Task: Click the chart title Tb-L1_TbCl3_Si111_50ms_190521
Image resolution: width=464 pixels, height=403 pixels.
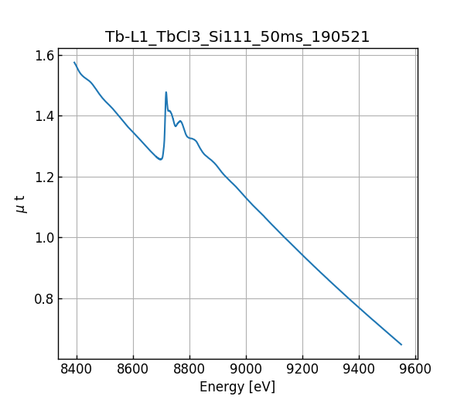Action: tap(237, 37)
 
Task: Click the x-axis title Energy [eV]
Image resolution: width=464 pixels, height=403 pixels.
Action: tap(237, 387)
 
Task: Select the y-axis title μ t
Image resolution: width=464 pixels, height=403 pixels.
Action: tap(21, 204)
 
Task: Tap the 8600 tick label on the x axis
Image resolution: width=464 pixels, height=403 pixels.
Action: tap(133, 368)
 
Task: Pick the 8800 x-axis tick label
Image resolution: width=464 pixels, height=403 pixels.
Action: tap(189, 368)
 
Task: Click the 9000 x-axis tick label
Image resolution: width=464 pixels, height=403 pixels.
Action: tap(246, 368)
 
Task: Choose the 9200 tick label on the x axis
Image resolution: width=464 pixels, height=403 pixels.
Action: tap(302, 368)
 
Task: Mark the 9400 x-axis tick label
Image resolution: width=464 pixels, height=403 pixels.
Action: tap(359, 368)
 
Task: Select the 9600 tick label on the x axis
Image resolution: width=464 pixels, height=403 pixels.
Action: tap(415, 368)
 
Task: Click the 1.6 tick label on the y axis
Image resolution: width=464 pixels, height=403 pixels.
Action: tap(44, 56)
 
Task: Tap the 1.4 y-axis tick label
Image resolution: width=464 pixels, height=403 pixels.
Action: tap(44, 116)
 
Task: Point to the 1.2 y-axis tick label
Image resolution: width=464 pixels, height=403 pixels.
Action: tap(44, 177)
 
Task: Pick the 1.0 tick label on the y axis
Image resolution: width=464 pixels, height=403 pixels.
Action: tap(44, 238)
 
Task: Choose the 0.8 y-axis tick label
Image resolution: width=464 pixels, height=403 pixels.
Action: tap(44, 299)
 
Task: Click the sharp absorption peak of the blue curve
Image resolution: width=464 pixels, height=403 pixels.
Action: tap(165, 92)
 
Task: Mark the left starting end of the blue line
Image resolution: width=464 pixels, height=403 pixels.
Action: tap(74, 63)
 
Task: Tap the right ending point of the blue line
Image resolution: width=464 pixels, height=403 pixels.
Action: tap(401, 344)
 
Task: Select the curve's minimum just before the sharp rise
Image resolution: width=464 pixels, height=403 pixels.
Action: tap(160, 160)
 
